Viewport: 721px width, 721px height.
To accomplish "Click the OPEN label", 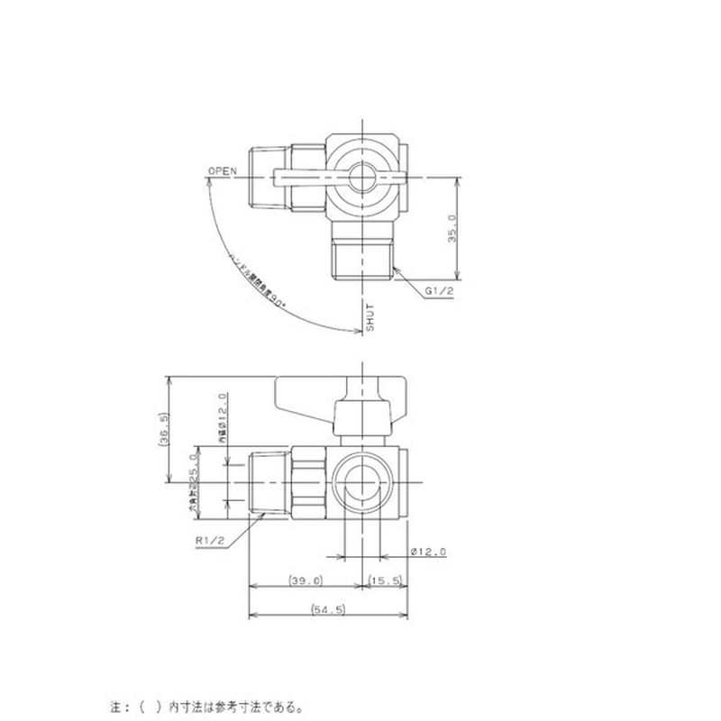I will (x=222, y=170).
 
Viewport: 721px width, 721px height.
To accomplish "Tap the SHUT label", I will (x=369, y=318).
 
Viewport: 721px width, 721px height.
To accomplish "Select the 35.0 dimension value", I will (x=453, y=228).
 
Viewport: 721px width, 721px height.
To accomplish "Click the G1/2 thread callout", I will (x=439, y=291).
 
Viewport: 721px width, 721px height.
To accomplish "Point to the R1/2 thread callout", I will (x=209, y=540).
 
